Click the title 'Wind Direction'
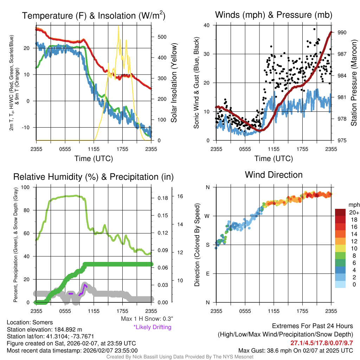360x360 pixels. (x=274, y=175)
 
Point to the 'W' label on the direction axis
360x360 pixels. (x=208, y=216)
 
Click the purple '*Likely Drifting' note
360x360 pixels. (x=152, y=327)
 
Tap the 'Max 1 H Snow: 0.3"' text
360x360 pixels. (x=147, y=319)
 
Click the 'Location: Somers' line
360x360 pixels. (x=30, y=322)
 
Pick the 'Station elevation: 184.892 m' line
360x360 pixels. (x=44, y=329)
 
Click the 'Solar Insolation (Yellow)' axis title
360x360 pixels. (x=174, y=83)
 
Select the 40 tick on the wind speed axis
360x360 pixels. (x=206, y=25)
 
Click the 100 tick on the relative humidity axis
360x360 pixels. (x=27, y=187)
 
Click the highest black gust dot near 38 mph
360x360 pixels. (x=314, y=29)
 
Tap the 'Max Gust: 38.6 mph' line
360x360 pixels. (x=296, y=351)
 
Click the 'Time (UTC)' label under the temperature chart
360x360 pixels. (x=94, y=159)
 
